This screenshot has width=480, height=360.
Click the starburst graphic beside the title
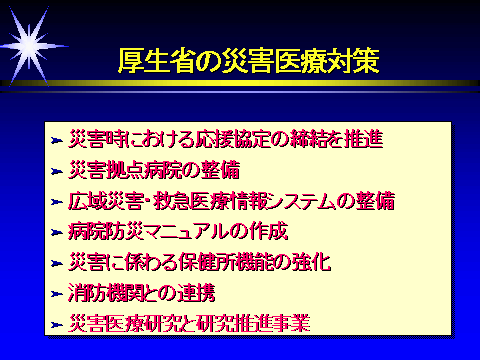coord(29,46)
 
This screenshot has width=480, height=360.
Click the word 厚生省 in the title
coord(156,61)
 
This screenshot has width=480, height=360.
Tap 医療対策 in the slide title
coord(327,61)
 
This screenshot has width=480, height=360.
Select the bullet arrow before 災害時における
coord(57,141)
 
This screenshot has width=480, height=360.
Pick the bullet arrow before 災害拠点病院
coord(57,171)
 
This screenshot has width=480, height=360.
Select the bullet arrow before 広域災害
coord(57,202)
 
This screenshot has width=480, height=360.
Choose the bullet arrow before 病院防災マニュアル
coord(57,233)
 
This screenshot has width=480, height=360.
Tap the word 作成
coord(269,231)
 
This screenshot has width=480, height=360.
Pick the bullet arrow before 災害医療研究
coord(57,325)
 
